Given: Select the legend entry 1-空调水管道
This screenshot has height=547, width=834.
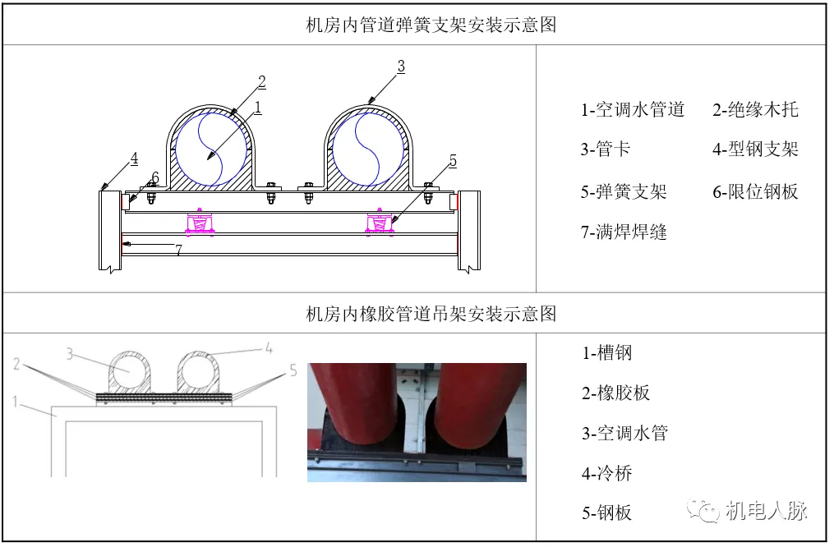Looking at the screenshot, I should (633, 110).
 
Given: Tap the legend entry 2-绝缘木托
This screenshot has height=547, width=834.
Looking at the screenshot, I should (754, 110).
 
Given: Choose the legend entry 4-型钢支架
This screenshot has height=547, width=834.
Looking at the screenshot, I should (754, 149).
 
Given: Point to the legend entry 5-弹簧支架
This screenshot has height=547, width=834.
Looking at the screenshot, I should (623, 192).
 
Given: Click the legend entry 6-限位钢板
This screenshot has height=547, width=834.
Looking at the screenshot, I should (754, 192).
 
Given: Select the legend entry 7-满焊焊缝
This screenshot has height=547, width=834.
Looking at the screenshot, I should (623, 232).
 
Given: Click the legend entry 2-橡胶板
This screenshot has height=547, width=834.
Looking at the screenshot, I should (615, 393).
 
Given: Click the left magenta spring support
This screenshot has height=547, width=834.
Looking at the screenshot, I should (200, 223).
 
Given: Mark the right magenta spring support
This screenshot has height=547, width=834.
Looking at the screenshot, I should (379, 223).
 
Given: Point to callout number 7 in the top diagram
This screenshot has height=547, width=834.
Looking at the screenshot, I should (178, 251).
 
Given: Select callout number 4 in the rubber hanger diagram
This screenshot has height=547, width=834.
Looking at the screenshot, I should (269, 348).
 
